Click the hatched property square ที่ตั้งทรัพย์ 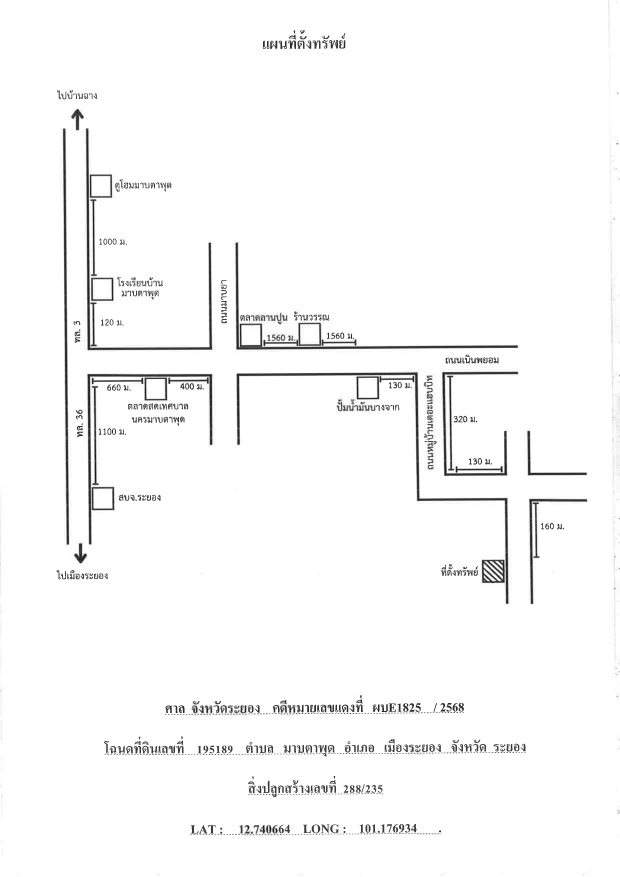[493, 571]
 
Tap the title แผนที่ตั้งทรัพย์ [304, 44]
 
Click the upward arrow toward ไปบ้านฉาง [77, 120]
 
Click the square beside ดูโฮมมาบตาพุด [101, 186]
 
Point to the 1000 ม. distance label [113, 242]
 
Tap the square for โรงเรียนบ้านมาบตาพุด [102, 289]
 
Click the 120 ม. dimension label [112, 322]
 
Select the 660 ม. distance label [119, 387]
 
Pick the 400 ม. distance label [192, 386]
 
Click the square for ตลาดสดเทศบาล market [155, 388]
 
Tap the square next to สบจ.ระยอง [103, 498]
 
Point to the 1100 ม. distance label [112, 431]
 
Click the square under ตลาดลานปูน [250, 335]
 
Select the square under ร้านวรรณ [309, 334]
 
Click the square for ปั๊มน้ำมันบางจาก [367, 388]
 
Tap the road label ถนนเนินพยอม [472, 360]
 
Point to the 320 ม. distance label [465, 419]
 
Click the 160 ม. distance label [552, 526]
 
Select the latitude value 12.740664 [264, 829]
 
